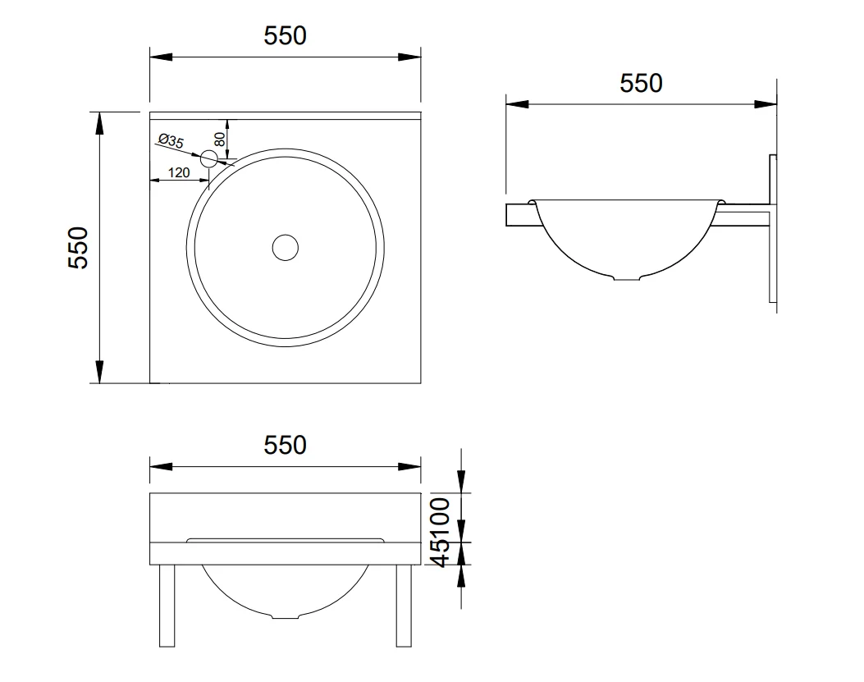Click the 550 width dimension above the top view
pyautogui.click(x=285, y=36)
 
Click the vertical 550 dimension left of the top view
pyautogui.click(x=78, y=248)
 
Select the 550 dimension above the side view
pyautogui.click(x=641, y=83)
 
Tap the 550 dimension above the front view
pyautogui.click(x=285, y=446)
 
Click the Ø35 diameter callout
pyautogui.click(x=171, y=140)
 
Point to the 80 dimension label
pyautogui.click(x=219, y=139)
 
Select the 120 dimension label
pyautogui.click(x=179, y=172)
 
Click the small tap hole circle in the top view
pyautogui.click(x=209, y=158)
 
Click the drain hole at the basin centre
pyautogui.click(x=286, y=248)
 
